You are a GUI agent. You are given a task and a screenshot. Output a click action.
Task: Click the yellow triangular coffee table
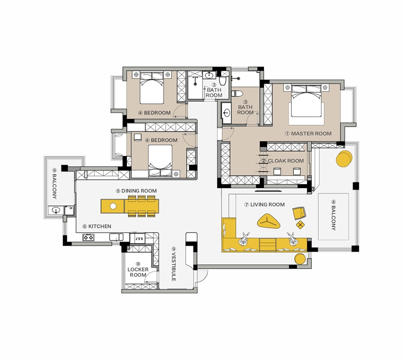click(268, 221)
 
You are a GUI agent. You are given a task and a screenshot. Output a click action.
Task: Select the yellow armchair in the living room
click(299, 213)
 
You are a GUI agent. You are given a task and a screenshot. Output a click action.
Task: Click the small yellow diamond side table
click(300, 225)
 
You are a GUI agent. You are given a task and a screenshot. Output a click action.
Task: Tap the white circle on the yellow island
click(113, 206)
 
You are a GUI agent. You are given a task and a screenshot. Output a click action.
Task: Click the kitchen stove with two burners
click(88, 237)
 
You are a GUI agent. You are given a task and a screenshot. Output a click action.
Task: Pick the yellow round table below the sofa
click(300, 259)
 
